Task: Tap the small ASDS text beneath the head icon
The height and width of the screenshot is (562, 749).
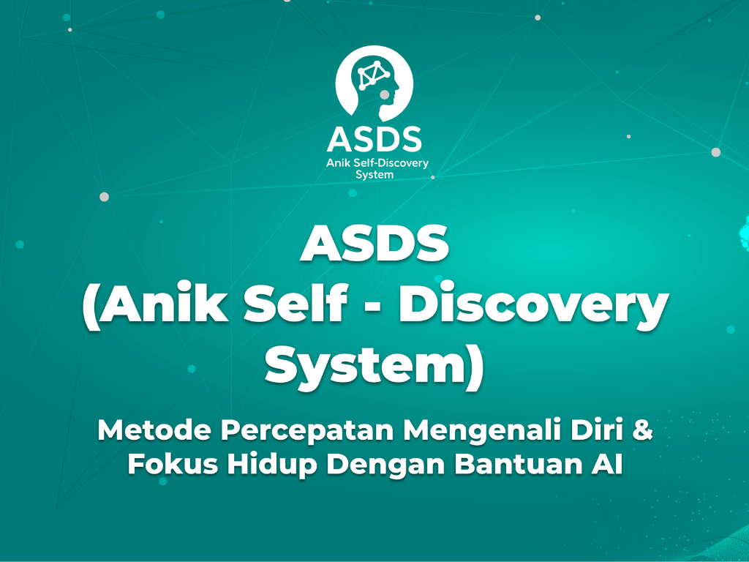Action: (374, 139)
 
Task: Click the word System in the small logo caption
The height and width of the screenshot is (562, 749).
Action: (374, 175)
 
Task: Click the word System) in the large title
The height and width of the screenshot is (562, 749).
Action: (374, 366)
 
